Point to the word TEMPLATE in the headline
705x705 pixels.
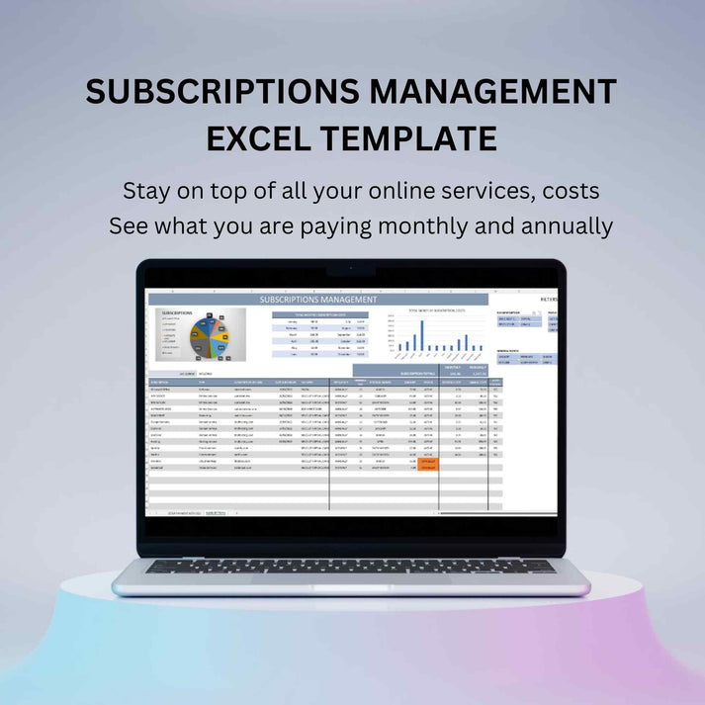[x=414, y=139]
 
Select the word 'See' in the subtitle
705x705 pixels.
[x=130, y=225]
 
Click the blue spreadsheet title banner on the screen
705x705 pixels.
[x=317, y=299]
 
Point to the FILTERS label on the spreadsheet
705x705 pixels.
[x=549, y=299]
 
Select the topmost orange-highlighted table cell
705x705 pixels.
[x=429, y=460]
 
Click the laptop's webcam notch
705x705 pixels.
[x=351, y=269]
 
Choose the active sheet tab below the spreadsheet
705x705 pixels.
[x=216, y=513]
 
